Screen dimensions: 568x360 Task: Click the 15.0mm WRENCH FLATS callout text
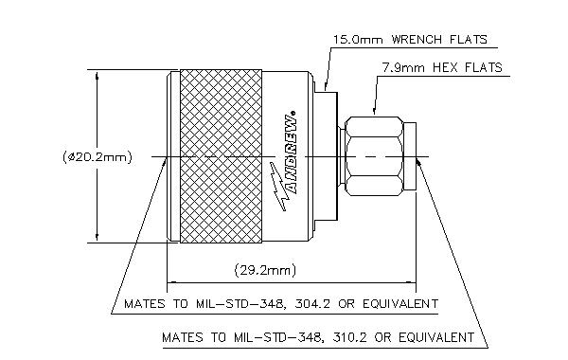[x=411, y=39]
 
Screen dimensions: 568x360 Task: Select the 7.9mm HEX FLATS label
[x=442, y=68]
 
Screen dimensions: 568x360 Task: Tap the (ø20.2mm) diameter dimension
[x=98, y=157]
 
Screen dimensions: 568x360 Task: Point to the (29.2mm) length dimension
[x=265, y=270]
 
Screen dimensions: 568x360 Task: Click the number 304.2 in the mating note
[x=312, y=303]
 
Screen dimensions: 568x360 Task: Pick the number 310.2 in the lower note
[x=348, y=337]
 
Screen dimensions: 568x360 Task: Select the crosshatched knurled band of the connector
[x=221, y=156]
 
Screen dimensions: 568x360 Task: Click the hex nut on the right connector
[x=374, y=156]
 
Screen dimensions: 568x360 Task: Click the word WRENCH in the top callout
[x=417, y=39]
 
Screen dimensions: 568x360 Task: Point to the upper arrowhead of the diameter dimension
[x=97, y=76]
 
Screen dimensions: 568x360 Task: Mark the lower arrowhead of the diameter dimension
[x=97, y=237]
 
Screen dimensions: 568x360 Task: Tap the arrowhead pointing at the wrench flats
[x=325, y=86]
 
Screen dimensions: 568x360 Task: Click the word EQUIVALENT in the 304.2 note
[x=400, y=303]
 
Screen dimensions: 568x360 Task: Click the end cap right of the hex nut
[x=410, y=156]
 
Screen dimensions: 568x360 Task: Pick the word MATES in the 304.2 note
[x=145, y=303]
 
